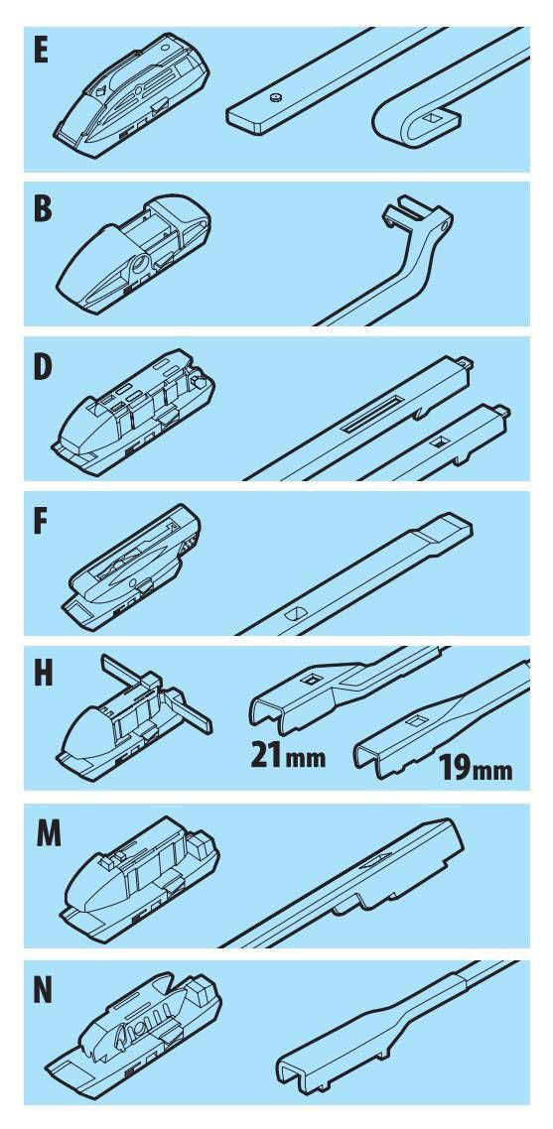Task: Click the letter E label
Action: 40,52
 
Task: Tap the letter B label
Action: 42,208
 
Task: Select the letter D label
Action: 43,366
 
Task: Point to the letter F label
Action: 41,522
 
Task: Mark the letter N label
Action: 44,991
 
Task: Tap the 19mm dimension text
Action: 476,768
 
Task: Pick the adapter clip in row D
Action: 133,411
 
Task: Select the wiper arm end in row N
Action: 375,1031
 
